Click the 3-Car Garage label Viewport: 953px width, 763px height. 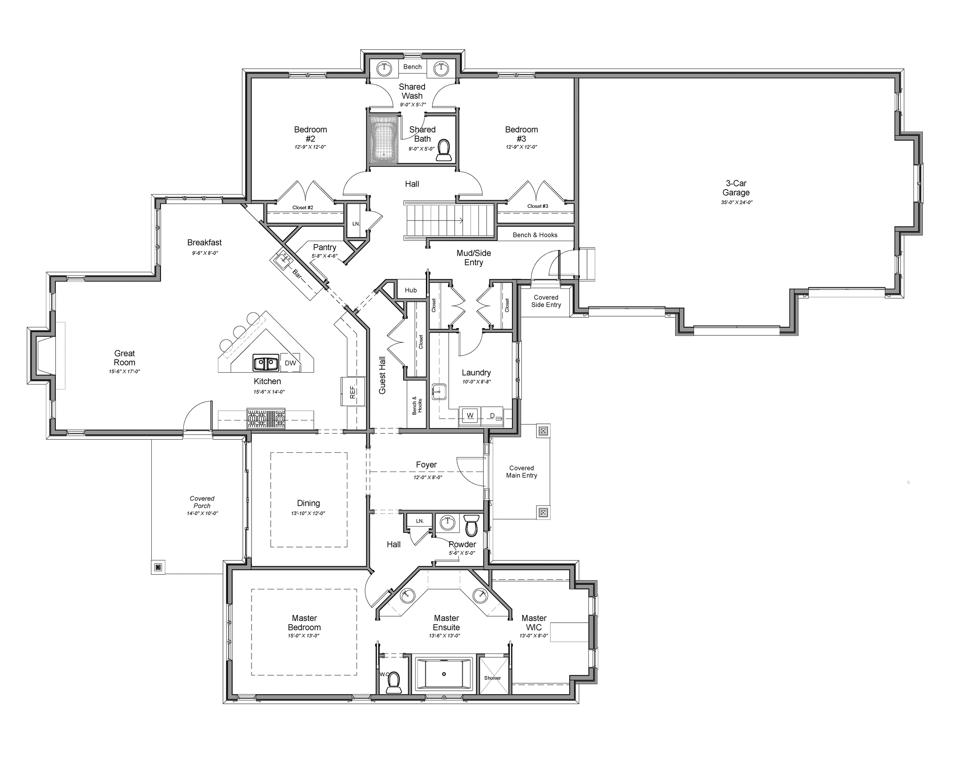tap(736, 188)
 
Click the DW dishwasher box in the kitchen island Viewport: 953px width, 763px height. tap(290, 363)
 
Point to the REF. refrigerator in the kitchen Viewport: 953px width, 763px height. tap(353, 391)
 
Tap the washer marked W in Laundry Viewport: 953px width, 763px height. tap(470, 415)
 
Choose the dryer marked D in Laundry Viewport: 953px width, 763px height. tap(493, 416)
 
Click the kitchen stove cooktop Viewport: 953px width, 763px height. tap(266, 419)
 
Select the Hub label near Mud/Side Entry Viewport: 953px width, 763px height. tap(411, 290)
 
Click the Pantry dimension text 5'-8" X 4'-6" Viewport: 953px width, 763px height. tap(324, 256)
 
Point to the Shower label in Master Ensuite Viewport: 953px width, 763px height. tap(493, 678)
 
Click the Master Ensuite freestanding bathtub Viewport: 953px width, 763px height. tap(444, 674)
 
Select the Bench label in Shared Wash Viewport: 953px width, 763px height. tap(412, 67)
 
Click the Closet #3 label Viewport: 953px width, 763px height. tap(537, 206)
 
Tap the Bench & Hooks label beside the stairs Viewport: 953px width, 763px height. tap(535, 235)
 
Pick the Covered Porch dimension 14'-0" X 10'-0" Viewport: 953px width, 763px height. tap(202, 513)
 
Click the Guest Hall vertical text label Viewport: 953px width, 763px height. tap(382, 375)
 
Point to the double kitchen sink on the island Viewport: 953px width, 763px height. tap(266, 363)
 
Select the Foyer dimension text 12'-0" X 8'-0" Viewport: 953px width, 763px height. tap(427, 478)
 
